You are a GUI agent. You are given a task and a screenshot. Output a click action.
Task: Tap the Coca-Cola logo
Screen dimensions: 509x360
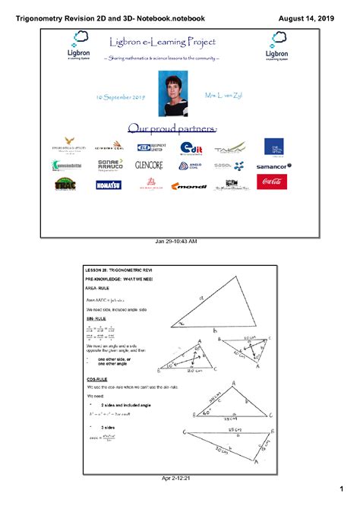click(x=273, y=182)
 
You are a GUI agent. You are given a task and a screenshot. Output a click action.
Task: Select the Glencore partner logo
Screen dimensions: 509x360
click(x=149, y=165)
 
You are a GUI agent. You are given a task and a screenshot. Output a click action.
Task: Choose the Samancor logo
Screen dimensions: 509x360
click(x=273, y=166)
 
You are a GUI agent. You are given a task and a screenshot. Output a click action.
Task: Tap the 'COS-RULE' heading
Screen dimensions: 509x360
click(x=99, y=379)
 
